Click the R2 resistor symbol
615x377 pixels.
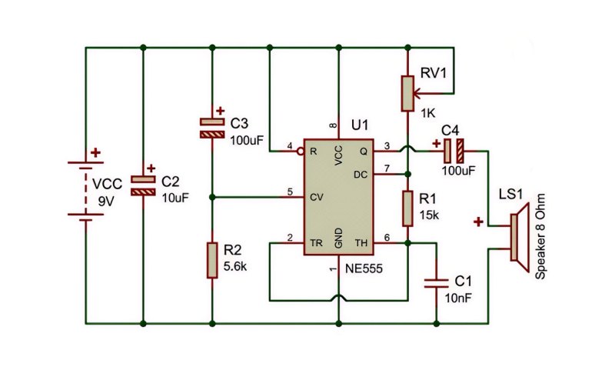pyautogui.click(x=212, y=260)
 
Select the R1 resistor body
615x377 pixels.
pyautogui.click(x=408, y=209)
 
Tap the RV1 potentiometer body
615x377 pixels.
pyautogui.click(x=408, y=93)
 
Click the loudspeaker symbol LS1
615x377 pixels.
pyautogui.click(x=520, y=237)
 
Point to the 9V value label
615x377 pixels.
pyautogui.click(x=106, y=202)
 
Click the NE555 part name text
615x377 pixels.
pyautogui.click(x=364, y=269)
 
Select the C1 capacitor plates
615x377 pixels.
pyautogui.click(x=436, y=283)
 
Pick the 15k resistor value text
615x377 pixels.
pyautogui.click(x=429, y=215)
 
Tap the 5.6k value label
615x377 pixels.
pyautogui.click(x=235, y=266)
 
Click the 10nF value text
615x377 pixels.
pyautogui.click(x=457, y=298)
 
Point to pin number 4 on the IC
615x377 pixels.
pyautogui.click(x=290, y=146)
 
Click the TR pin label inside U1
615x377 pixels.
pyautogui.click(x=316, y=243)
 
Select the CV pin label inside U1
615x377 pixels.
pyautogui.click(x=316, y=197)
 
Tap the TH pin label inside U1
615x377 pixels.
pyautogui.click(x=361, y=243)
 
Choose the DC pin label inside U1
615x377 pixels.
pyautogui.click(x=361, y=175)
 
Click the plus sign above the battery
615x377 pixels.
pyautogui.click(x=95, y=152)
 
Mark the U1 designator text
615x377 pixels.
pyautogui.click(x=360, y=125)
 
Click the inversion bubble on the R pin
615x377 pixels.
pyautogui.click(x=301, y=152)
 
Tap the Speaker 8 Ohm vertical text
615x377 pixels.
pyautogui.click(x=540, y=236)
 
